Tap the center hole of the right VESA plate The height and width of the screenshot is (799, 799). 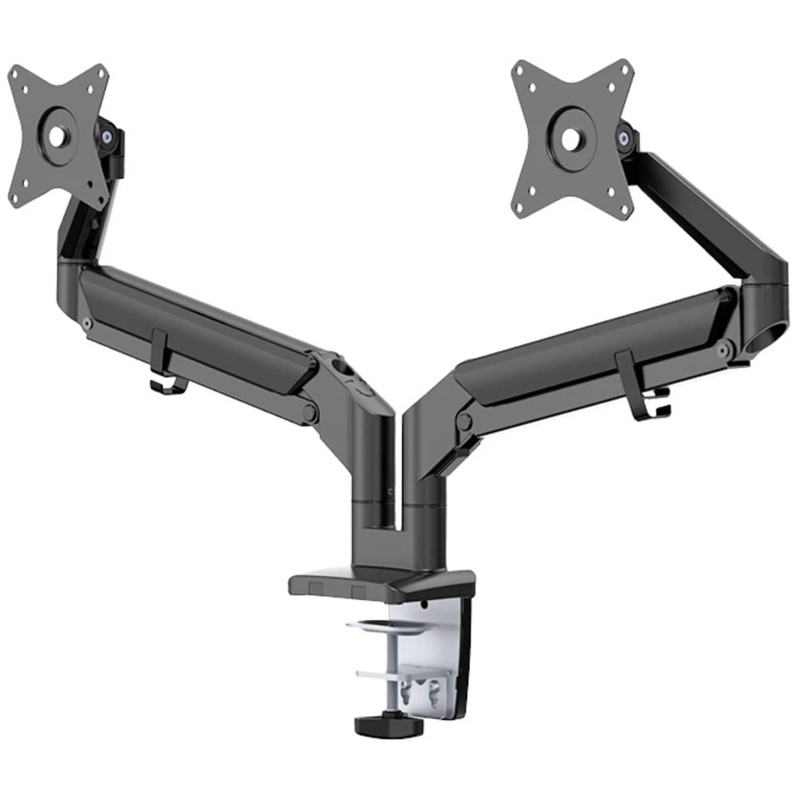pyautogui.click(x=571, y=139)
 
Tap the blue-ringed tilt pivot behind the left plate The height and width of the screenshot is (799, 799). pyautogui.click(x=105, y=137)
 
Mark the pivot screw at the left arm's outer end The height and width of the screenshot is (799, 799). pyautogui.click(x=85, y=323)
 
